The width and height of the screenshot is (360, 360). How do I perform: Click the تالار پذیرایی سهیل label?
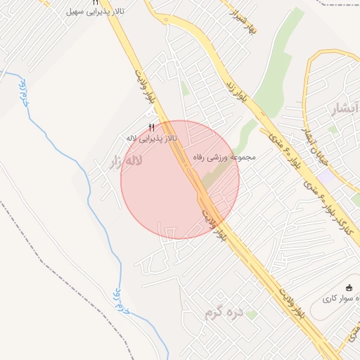point(92,12)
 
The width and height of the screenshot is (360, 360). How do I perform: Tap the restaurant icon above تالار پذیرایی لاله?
point(151,127)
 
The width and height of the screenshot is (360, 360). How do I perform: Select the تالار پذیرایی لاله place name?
point(151,138)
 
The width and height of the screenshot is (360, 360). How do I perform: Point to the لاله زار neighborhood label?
point(124,163)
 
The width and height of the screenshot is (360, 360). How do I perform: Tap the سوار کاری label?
point(342,299)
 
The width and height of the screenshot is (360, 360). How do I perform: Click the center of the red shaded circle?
point(180,179)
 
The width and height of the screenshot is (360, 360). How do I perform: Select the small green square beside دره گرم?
point(251,315)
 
